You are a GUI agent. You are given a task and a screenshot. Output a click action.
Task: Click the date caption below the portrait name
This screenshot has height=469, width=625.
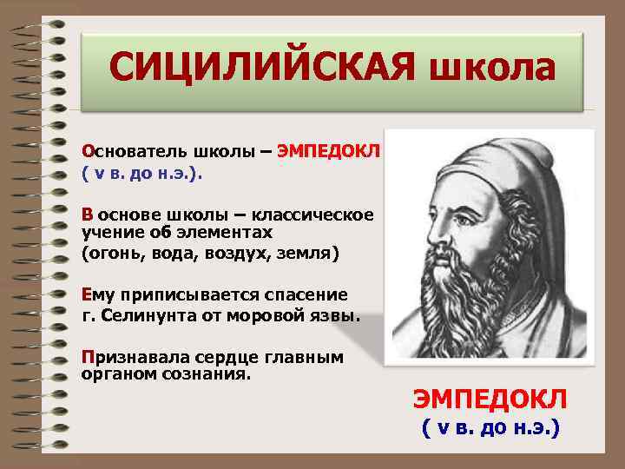pyautogui.click(x=490, y=428)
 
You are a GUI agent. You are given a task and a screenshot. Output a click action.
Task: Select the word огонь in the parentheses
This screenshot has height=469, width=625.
pyautogui.click(x=113, y=253)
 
